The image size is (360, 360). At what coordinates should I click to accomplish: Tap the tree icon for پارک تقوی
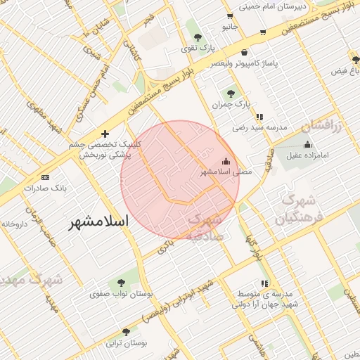(x=196, y=37)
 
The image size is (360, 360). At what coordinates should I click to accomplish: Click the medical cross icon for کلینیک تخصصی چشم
(x=105, y=134)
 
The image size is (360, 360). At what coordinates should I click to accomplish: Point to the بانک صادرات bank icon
(x=46, y=177)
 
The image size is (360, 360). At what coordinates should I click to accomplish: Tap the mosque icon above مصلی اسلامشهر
(x=226, y=160)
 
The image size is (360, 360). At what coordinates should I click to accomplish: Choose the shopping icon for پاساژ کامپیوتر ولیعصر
(x=243, y=52)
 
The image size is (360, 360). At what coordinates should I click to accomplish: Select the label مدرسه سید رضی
(x=261, y=129)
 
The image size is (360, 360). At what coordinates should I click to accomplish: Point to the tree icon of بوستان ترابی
(x=126, y=331)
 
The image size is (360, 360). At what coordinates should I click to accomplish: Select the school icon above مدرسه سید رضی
(x=259, y=117)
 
